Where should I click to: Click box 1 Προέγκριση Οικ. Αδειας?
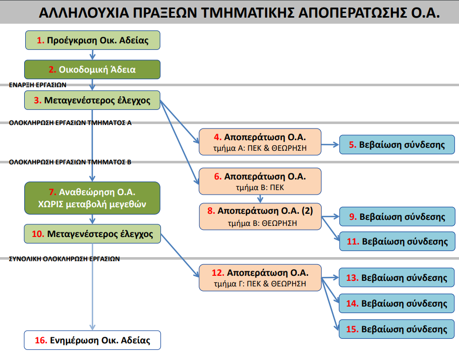92,40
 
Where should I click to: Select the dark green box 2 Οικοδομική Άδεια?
92,70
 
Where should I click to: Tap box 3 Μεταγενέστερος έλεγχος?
92,100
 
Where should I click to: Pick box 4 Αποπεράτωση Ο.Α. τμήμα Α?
260,142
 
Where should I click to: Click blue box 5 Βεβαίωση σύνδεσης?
392,145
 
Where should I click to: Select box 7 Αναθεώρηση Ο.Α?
92,199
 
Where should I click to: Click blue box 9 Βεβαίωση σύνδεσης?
392,217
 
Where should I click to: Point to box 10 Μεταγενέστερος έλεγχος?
92,234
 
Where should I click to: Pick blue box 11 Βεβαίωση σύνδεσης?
392,242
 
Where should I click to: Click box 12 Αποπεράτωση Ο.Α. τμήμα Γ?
260,278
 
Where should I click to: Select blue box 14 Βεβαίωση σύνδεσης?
392,304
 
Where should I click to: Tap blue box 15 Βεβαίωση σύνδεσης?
392,329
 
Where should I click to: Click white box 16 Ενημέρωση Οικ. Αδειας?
92,340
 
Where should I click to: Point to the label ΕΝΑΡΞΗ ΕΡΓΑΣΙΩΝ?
38,85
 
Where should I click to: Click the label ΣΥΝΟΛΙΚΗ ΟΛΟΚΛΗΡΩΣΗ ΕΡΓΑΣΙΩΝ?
64,259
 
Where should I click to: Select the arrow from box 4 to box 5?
330,145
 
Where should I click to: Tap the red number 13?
352,278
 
